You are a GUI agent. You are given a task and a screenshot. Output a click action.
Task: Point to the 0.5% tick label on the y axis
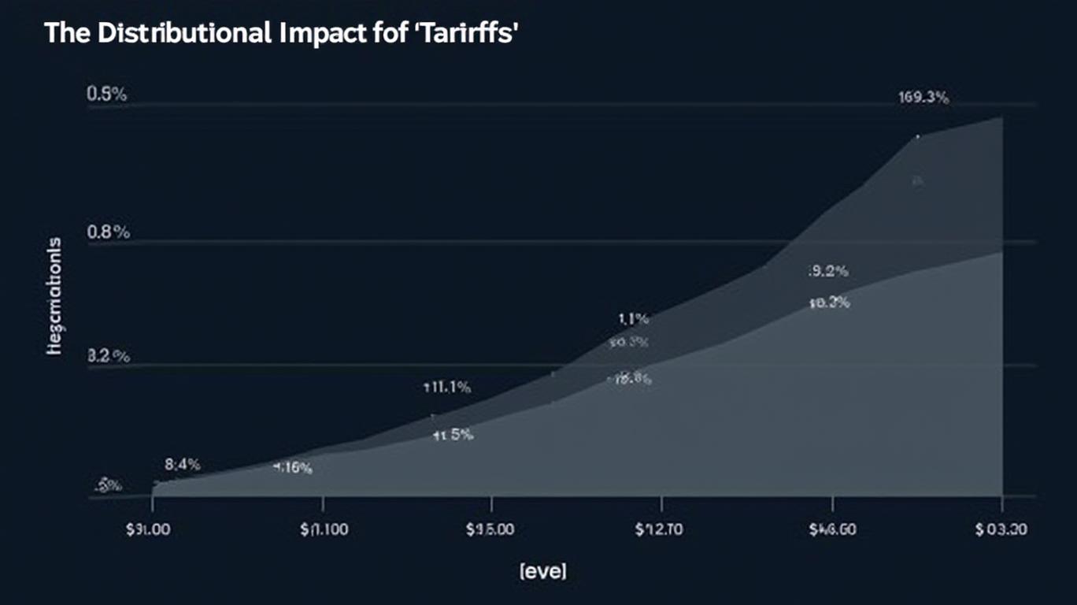click(x=107, y=95)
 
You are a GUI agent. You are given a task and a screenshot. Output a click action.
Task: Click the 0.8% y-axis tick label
click(x=107, y=232)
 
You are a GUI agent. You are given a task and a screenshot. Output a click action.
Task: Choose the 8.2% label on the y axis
click(x=107, y=356)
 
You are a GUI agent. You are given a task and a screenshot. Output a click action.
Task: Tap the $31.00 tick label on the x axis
click(x=149, y=530)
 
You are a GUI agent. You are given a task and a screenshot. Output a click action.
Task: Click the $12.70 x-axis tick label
click(x=659, y=530)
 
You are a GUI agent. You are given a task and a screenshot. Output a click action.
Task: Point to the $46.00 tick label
click(x=831, y=530)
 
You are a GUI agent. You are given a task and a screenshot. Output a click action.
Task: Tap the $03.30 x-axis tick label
click(x=1001, y=530)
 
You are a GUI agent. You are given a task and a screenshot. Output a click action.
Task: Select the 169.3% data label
click(x=923, y=98)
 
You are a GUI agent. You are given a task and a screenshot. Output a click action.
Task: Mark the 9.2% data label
click(x=828, y=272)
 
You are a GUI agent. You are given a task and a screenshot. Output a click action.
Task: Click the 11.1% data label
click(x=447, y=387)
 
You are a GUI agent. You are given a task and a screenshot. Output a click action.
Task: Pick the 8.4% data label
click(x=183, y=465)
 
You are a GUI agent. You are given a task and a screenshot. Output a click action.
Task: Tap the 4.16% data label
click(x=292, y=468)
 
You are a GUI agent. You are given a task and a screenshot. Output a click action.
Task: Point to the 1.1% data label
click(x=633, y=319)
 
